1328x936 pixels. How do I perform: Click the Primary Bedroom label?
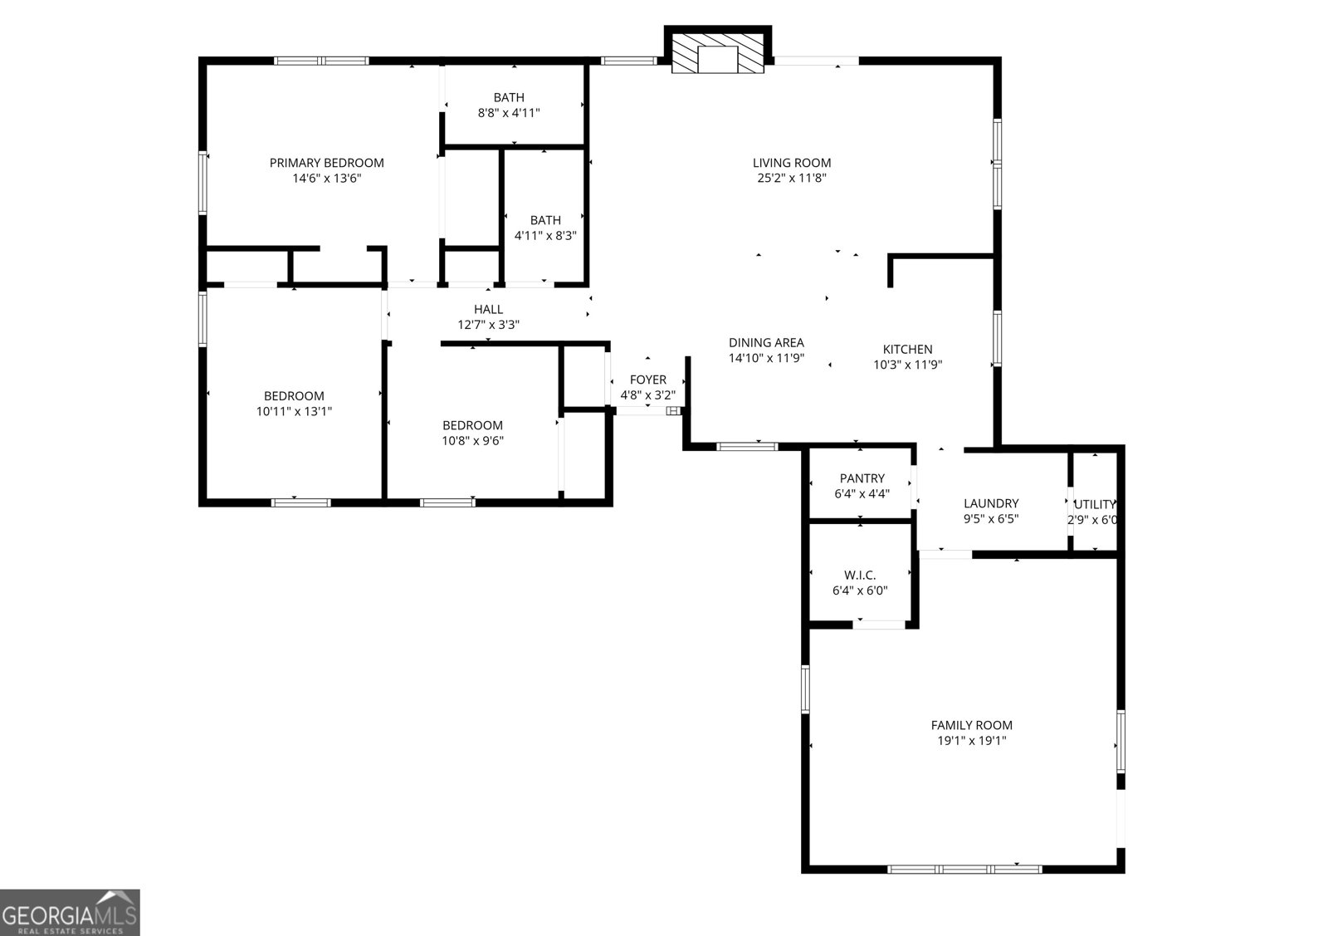(x=326, y=163)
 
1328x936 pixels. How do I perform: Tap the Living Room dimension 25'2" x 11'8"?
(x=791, y=178)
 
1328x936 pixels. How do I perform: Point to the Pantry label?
(x=862, y=478)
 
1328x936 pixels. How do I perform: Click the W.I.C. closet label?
(x=859, y=575)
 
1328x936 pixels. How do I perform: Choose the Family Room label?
(x=971, y=725)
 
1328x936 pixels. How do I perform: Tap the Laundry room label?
(x=990, y=503)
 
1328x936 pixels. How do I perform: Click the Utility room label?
(x=1094, y=504)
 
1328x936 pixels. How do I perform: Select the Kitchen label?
(x=907, y=350)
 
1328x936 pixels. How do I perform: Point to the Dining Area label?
(x=766, y=342)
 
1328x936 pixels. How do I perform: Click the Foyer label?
(x=647, y=380)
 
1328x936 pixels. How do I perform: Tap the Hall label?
(x=488, y=309)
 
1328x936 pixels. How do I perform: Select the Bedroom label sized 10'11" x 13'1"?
(x=294, y=396)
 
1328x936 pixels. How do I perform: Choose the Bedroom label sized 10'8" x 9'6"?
(x=472, y=425)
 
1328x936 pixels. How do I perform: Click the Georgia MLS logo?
(x=70, y=912)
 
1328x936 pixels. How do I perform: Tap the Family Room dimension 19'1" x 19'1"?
(x=971, y=741)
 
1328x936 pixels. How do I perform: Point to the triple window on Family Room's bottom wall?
(x=964, y=869)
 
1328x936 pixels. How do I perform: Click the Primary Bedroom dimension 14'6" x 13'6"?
(x=326, y=178)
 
